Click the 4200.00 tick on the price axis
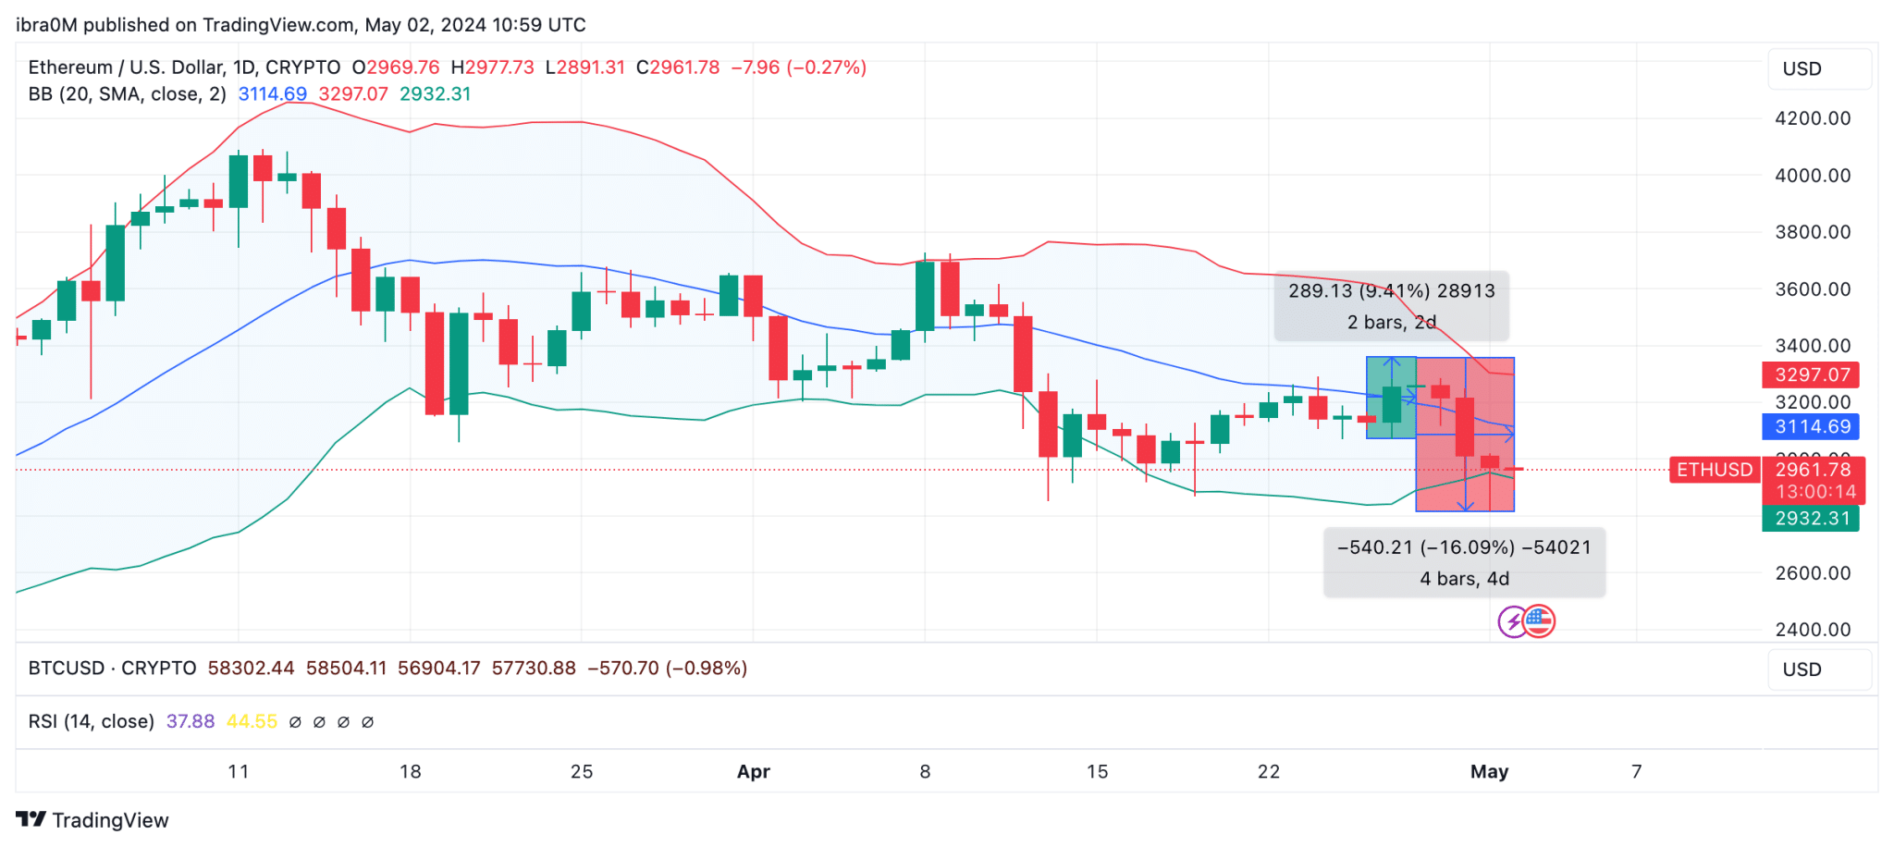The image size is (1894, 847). click(x=1812, y=118)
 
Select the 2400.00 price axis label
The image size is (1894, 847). click(x=1812, y=630)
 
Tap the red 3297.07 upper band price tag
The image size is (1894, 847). click(x=1811, y=374)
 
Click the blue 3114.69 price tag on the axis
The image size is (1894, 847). click(x=1811, y=426)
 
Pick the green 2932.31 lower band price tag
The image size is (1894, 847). click(x=1811, y=519)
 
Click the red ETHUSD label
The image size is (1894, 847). click(x=1714, y=470)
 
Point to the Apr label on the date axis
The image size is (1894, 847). click(x=753, y=771)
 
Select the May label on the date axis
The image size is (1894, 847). click(x=1489, y=771)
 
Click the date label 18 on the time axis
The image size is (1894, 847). click(x=410, y=771)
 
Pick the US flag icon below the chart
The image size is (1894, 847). click(x=1539, y=621)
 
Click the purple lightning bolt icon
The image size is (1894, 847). click(x=1512, y=622)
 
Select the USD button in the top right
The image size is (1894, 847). click(x=1819, y=69)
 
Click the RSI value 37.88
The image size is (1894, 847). click(x=190, y=721)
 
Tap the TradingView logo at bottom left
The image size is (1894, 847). click(x=92, y=820)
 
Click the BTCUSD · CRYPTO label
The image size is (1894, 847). click(x=112, y=668)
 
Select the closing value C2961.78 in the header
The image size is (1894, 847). click(x=678, y=68)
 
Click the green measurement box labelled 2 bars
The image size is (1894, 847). click(x=1390, y=398)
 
